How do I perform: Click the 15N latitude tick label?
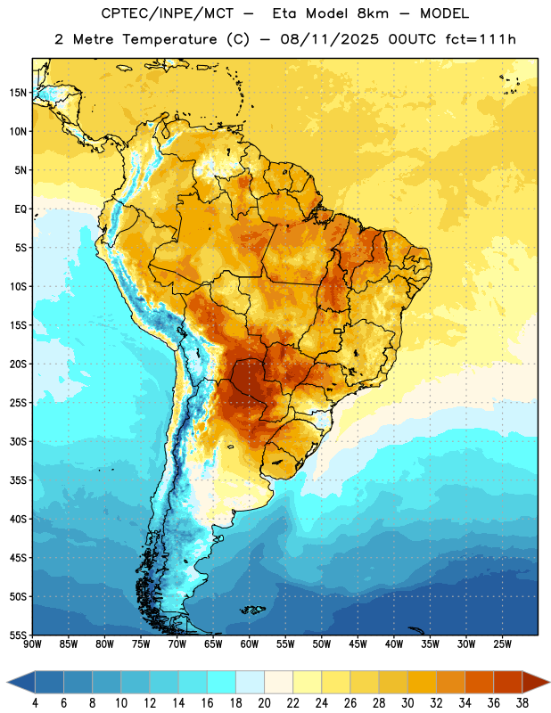(x=18, y=93)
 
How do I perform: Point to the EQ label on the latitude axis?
(x=21, y=209)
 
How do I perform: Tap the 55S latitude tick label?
(x=18, y=635)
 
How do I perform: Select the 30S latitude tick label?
(x=18, y=441)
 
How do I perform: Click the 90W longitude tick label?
(x=32, y=644)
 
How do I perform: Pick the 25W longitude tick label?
(x=502, y=644)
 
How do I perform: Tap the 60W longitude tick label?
(x=250, y=644)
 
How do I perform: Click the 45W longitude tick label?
(x=358, y=644)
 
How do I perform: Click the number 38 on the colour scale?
(x=522, y=703)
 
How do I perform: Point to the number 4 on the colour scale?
(x=35, y=703)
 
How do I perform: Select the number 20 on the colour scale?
(x=264, y=703)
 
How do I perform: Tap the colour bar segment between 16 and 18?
(x=221, y=682)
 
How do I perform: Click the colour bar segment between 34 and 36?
(x=479, y=682)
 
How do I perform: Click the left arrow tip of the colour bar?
(x=7, y=682)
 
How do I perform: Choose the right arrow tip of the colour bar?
(x=549, y=682)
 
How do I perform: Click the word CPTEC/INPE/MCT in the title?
(x=167, y=13)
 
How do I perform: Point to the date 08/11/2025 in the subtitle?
(x=329, y=39)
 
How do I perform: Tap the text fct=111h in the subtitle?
(x=481, y=39)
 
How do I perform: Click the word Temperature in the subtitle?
(x=169, y=39)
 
